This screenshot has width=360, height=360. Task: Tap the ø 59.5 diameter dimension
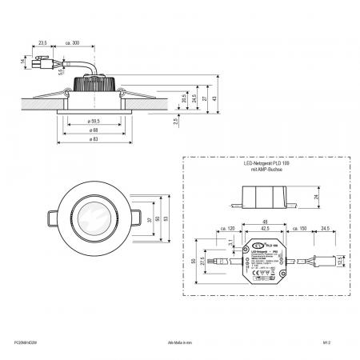tap(101, 121)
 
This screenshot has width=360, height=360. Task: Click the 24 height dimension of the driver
tap(317, 195)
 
